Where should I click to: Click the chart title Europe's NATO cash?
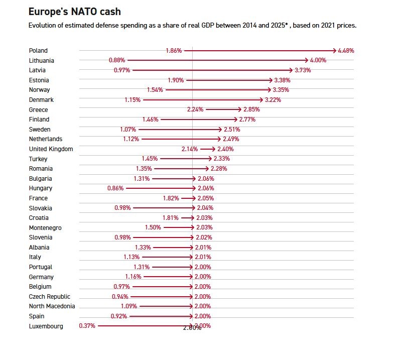pos(74,12)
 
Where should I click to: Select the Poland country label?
pos(38,51)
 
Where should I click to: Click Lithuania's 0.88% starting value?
pos(117,60)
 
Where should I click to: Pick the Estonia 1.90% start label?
pos(176,80)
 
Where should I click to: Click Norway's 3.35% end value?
pos(281,90)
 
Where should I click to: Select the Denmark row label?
pos(41,100)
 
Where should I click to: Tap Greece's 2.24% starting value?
pos(195,109)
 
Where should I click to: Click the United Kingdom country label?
pos(51,149)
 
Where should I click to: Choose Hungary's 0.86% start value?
pos(115,188)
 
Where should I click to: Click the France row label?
pos(38,198)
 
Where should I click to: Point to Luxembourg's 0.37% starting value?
pos(87,326)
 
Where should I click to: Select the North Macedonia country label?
pos(52,306)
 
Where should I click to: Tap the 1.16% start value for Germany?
pos(133,277)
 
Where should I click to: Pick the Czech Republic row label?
pos(50,297)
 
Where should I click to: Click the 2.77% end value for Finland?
pos(247,119)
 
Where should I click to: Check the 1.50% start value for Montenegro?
pos(153,227)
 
